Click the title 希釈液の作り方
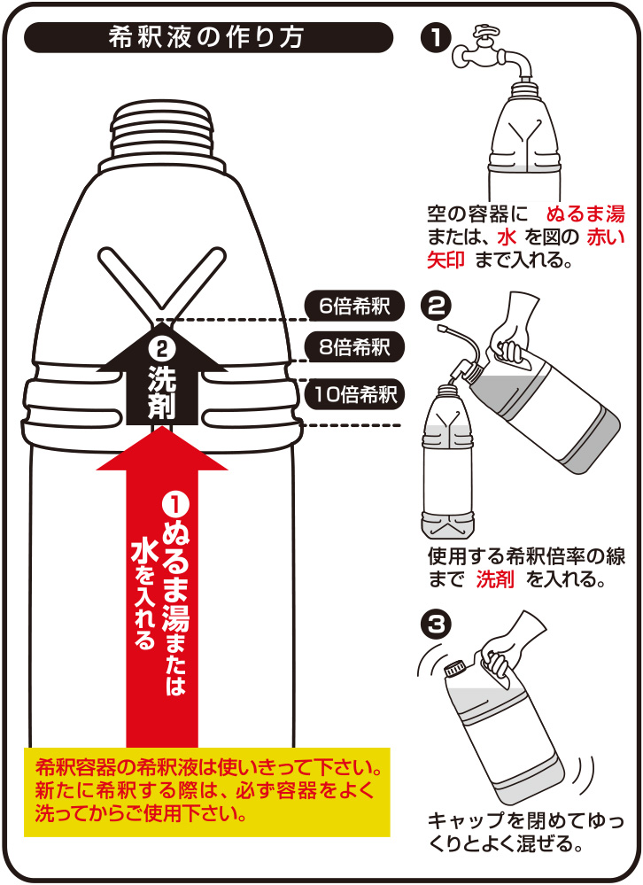206,37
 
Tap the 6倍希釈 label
355,306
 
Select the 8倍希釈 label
355,346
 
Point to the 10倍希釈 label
355,393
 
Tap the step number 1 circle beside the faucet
436,38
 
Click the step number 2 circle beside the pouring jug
436,306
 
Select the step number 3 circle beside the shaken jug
436,625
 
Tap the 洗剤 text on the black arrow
162,392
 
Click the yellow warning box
207,792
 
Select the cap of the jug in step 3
454,670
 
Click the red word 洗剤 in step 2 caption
495,579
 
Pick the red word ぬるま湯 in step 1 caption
585,213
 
